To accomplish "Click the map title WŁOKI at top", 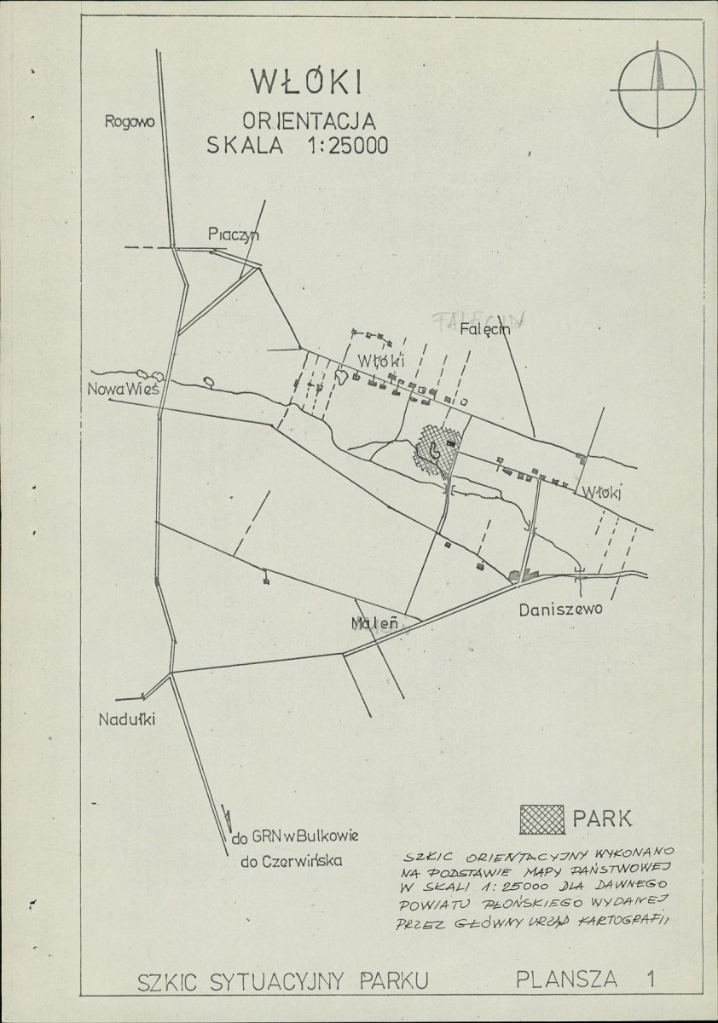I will click(x=306, y=81).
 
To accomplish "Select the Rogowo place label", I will click(x=129, y=121).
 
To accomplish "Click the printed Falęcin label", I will click(x=483, y=330).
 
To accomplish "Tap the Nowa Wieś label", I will click(x=123, y=390).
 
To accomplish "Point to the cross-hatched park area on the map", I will click(x=435, y=448).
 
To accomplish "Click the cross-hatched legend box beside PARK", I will click(x=542, y=819).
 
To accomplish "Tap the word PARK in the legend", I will click(x=603, y=819).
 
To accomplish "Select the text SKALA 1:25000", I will click(x=297, y=145).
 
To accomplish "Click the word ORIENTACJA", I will click(x=308, y=121).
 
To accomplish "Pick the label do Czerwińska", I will click(x=291, y=861).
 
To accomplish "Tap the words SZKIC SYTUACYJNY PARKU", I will click(x=281, y=981).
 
